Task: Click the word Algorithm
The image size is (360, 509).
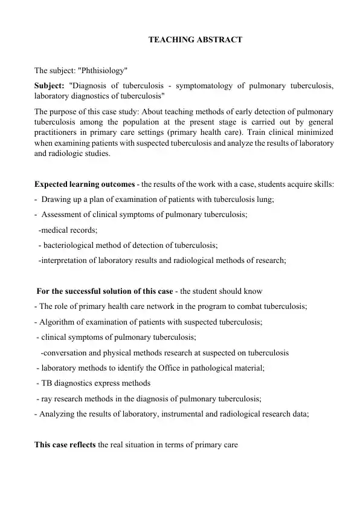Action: [x=59, y=322]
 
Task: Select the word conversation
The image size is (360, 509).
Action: [x=69, y=352]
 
